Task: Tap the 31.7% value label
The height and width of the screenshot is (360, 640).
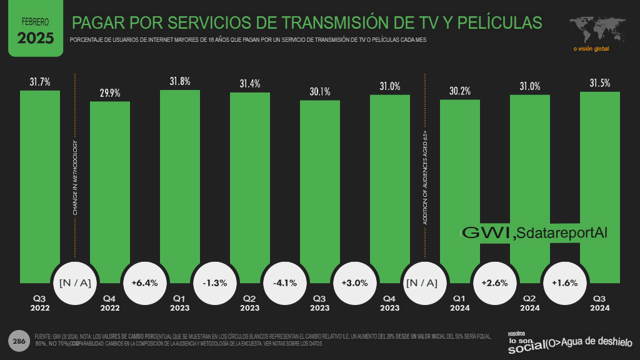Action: (x=40, y=82)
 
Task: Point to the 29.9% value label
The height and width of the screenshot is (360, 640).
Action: (x=110, y=93)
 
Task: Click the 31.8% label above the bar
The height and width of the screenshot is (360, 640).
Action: (x=180, y=81)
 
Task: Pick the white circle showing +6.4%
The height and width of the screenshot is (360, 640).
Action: (x=145, y=282)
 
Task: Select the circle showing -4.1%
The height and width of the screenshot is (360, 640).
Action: (x=285, y=282)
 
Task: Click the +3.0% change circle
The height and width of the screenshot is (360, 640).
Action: (x=355, y=282)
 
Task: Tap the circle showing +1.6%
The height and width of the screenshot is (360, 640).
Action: (x=565, y=282)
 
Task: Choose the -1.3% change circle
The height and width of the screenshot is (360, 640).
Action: (x=215, y=282)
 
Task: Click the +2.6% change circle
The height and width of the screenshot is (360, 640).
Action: (x=495, y=282)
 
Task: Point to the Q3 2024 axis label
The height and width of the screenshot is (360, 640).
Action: (x=600, y=303)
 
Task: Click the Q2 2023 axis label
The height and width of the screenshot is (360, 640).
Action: (x=250, y=303)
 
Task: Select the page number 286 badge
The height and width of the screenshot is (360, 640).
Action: (x=19, y=341)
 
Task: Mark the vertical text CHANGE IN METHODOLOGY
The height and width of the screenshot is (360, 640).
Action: (x=75, y=178)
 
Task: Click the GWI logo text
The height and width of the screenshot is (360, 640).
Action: (x=487, y=232)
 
